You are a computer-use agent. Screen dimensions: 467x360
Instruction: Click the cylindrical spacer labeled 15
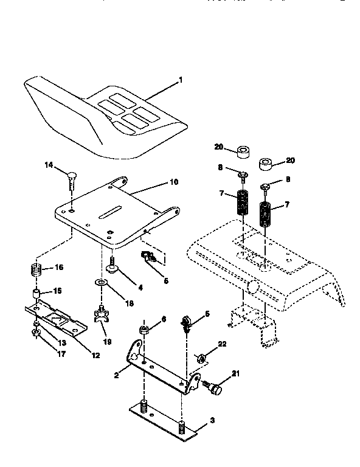[x=36, y=295]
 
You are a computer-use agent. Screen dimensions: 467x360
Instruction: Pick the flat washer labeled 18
[x=100, y=283]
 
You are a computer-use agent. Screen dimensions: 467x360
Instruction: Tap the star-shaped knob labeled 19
[x=100, y=315]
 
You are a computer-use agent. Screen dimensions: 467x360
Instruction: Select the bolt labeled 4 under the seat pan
[x=112, y=264]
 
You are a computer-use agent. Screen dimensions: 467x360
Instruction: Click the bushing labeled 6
[x=144, y=330]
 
